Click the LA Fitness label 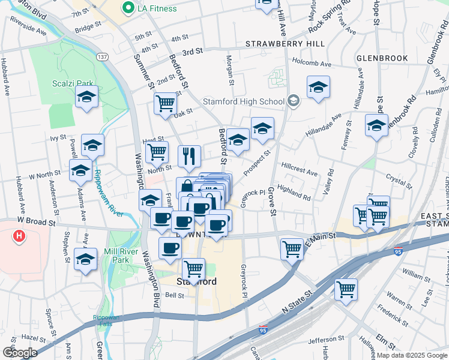coord(157,8)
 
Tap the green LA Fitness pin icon coord(127,8)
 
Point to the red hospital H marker coord(19,236)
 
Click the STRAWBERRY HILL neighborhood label coord(285,44)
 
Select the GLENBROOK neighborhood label coord(382,59)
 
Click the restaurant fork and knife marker coord(190,156)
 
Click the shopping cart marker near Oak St coord(165,103)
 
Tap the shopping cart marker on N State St coord(346,289)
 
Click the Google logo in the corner coord(20,353)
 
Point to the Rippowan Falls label coord(104,319)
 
